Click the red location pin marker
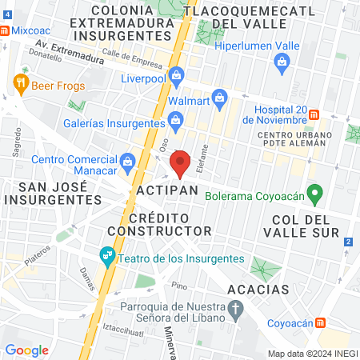(181, 162)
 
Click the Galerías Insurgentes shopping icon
(175, 122)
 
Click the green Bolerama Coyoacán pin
(316, 194)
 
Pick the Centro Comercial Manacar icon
(127, 163)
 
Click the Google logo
(26, 350)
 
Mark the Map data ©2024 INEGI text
(311, 354)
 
